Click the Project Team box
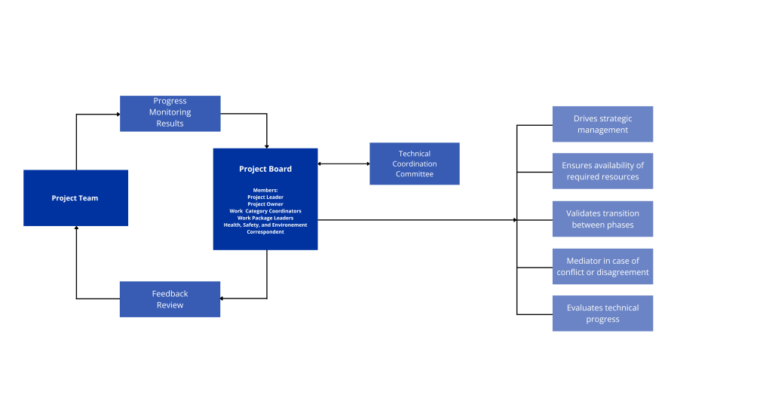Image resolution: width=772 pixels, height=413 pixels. point(76,198)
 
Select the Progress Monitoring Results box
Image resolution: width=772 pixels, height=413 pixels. point(170,114)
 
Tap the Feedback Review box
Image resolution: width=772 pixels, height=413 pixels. point(170,299)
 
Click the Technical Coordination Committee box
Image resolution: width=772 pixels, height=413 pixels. point(415,164)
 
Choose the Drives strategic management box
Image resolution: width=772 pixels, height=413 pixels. point(602,124)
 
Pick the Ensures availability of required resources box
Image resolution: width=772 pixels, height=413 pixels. point(602,171)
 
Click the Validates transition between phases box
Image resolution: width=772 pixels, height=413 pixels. point(602,219)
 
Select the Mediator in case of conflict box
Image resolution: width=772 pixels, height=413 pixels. point(602,266)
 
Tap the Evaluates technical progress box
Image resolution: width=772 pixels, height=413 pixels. point(602,314)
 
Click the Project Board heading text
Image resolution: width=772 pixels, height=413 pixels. point(265,169)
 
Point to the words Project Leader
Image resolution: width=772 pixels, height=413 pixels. point(265,197)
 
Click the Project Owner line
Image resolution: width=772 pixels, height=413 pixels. point(265,203)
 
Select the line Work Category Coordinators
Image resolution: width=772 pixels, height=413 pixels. point(265,211)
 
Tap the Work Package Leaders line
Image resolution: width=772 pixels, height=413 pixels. point(265,218)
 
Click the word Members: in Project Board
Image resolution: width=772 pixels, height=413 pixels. point(265,190)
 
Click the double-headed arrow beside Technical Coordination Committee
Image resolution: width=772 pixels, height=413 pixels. point(344,164)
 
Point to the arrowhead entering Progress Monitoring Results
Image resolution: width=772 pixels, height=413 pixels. point(118,115)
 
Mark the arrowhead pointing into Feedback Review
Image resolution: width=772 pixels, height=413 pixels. point(222,298)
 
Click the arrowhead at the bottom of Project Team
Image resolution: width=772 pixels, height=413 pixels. point(76,228)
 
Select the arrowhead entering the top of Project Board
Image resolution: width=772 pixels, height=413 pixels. point(267,147)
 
